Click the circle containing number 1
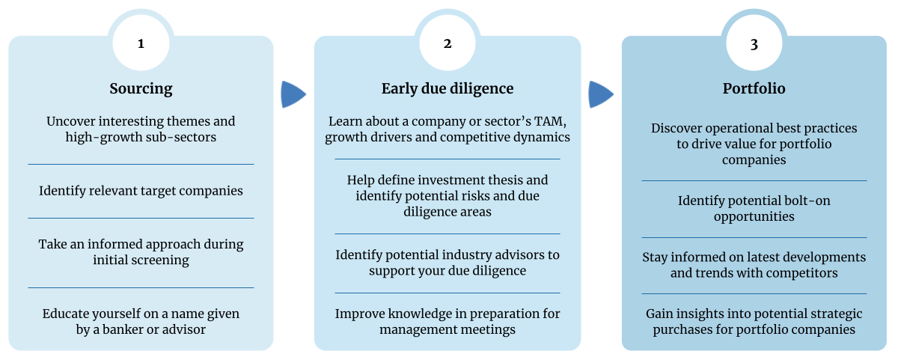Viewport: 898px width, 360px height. [x=141, y=43]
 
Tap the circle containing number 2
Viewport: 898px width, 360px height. [x=448, y=43]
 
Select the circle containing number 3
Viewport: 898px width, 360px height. [x=754, y=43]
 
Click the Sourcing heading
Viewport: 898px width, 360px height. [x=141, y=88]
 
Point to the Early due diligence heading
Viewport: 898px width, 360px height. [x=448, y=88]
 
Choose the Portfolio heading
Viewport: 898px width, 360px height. [x=754, y=88]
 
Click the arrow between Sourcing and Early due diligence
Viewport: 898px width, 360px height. [x=293, y=94]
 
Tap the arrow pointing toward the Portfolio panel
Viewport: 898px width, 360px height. [x=600, y=94]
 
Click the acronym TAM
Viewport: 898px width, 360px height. [x=550, y=121]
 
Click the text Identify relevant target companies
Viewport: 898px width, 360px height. [x=141, y=191]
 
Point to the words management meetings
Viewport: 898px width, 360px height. [x=448, y=329]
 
